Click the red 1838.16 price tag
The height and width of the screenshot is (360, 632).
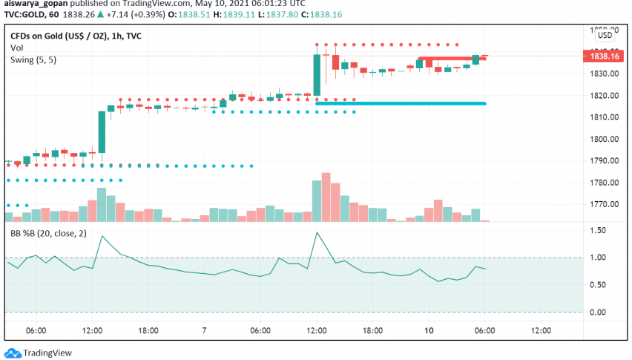coord(605,55)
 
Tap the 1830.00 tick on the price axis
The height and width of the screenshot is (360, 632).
coord(605,74)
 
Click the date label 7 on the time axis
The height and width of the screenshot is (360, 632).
coord(205,330)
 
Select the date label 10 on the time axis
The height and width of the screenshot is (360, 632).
coord(428,330)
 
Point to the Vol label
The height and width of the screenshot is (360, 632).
coord(16,48)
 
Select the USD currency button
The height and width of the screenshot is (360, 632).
coord(605,35)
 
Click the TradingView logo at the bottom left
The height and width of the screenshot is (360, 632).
coord(33,353)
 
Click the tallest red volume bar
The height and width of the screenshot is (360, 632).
coord(326,197)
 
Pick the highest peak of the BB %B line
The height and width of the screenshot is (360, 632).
coord(317,232)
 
